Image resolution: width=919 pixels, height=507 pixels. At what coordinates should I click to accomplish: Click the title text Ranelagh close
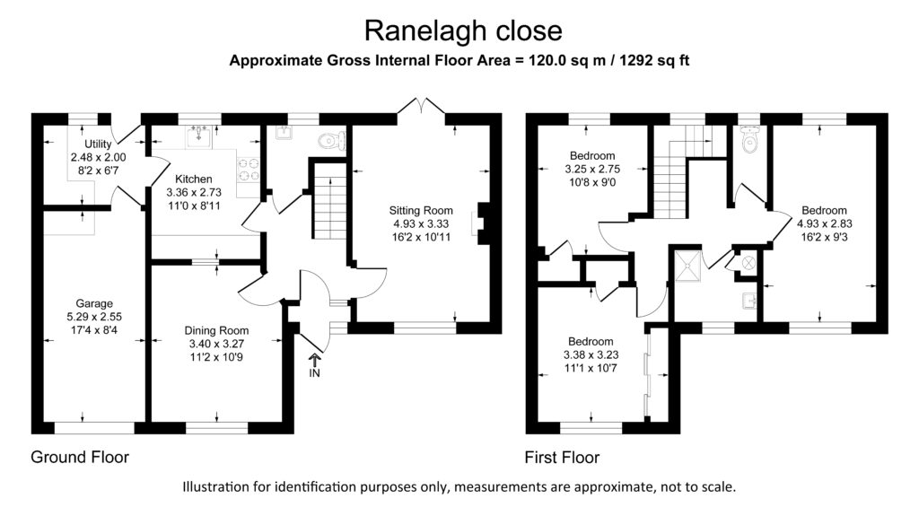(463, 31)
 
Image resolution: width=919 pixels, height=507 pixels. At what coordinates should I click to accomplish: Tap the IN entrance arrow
(315, 359)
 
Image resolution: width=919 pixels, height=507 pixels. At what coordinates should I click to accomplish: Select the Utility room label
(98, 144)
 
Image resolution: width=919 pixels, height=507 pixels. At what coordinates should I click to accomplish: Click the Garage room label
(94, 303)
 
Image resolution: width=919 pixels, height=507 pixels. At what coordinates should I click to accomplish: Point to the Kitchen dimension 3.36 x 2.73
(194, 192)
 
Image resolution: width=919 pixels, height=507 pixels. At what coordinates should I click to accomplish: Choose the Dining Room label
(216, 330)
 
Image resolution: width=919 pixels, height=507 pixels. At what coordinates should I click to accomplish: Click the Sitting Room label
(421, 210)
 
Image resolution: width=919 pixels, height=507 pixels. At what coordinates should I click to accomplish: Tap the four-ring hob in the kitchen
(248, 170)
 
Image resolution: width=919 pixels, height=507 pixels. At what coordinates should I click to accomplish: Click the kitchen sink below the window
(199, 137)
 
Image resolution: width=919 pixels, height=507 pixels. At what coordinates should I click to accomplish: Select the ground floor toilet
(332, 141)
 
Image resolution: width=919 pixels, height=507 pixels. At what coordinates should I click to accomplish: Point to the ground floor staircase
(331, 201)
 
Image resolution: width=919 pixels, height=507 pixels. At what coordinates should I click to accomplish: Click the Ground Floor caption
(80, 457)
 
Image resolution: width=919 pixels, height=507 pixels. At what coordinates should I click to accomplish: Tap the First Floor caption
(562, 457)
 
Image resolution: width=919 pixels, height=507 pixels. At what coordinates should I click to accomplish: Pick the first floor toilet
(749, 138)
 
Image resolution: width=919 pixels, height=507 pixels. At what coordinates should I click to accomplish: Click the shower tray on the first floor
(688, 266)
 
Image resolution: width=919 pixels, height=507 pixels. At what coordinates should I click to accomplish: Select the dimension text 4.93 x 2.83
(825, 224)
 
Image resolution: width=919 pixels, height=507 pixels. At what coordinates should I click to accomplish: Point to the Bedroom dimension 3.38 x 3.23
(591, 354)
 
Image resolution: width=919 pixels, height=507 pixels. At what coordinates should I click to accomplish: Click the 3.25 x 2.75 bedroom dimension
(592, 169)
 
